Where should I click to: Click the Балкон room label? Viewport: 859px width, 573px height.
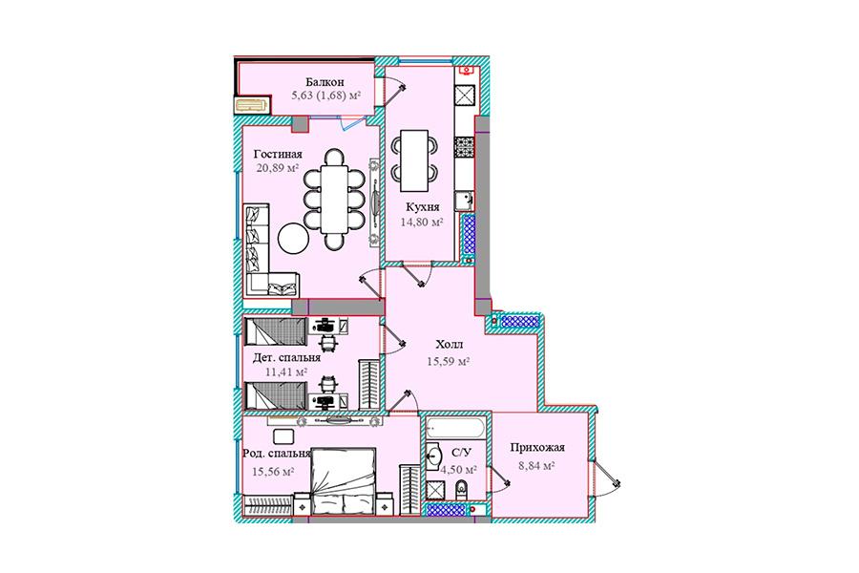click(x=325, y=82)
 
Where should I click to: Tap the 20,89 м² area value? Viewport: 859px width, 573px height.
click(x=278, y=168)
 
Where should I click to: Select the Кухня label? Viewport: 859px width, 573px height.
click(x=423, y=207)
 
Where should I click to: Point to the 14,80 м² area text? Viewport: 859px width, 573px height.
click(x=422, y=223)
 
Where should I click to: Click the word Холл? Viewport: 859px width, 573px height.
click(x=450, y=345)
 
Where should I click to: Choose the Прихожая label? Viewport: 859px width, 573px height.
click(x=536, y=448)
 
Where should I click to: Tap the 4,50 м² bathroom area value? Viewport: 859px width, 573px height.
click(x=458, y=469)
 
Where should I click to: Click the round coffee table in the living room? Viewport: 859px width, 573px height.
click(x=294, y=238)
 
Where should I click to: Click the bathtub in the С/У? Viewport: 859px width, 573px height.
click(x=454, y=427)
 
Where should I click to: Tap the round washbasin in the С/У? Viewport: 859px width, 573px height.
click(x=435, y=455)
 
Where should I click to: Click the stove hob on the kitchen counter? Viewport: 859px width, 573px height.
click(x=464, y=147)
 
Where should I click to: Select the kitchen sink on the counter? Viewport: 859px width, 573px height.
click(x=464, y=201)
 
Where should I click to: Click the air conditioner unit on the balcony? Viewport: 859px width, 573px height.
click(x=252, y=104)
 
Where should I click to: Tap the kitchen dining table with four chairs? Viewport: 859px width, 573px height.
click(x=413, y=160)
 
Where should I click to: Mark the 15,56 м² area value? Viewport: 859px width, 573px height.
click(x=273, y=471)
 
